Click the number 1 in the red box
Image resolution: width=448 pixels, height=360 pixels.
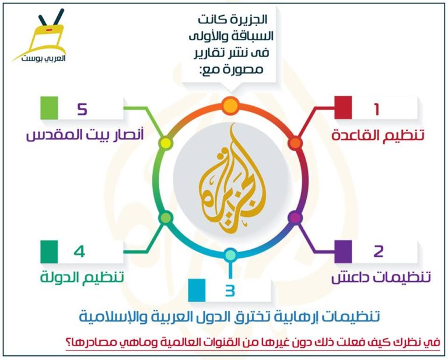tap(377, 109)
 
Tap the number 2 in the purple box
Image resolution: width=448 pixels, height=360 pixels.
tap(378, 251)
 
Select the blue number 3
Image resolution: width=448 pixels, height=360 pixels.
tap(230, 291)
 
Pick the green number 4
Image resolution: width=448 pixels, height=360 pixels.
tap(79, 251)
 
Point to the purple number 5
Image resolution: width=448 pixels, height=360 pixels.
tap(82, 109)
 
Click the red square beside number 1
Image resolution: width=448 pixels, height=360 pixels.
tap(343, 107)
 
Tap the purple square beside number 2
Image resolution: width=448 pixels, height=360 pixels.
tap(343, 251)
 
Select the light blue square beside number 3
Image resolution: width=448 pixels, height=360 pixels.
tap(197, 290)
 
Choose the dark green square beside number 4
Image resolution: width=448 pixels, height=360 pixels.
tap(49, 251)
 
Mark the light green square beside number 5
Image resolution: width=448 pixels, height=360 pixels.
tap(49, 108)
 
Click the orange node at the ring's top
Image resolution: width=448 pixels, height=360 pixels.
tap(230, 106)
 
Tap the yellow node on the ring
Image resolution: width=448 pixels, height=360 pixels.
tap(166, 143)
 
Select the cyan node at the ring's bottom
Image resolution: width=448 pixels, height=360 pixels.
tap(230, 255)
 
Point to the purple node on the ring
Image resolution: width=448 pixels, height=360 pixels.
tap(295, 218)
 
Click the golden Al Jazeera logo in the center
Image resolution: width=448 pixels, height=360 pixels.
tap(232, 179)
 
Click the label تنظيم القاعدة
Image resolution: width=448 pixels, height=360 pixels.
tap(378, 135)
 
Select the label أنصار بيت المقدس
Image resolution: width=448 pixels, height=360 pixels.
tap(85, 135)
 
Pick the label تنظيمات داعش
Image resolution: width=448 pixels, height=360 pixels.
tap(381, 277)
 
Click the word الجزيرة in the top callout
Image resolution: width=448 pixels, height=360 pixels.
tap(249, 19)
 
